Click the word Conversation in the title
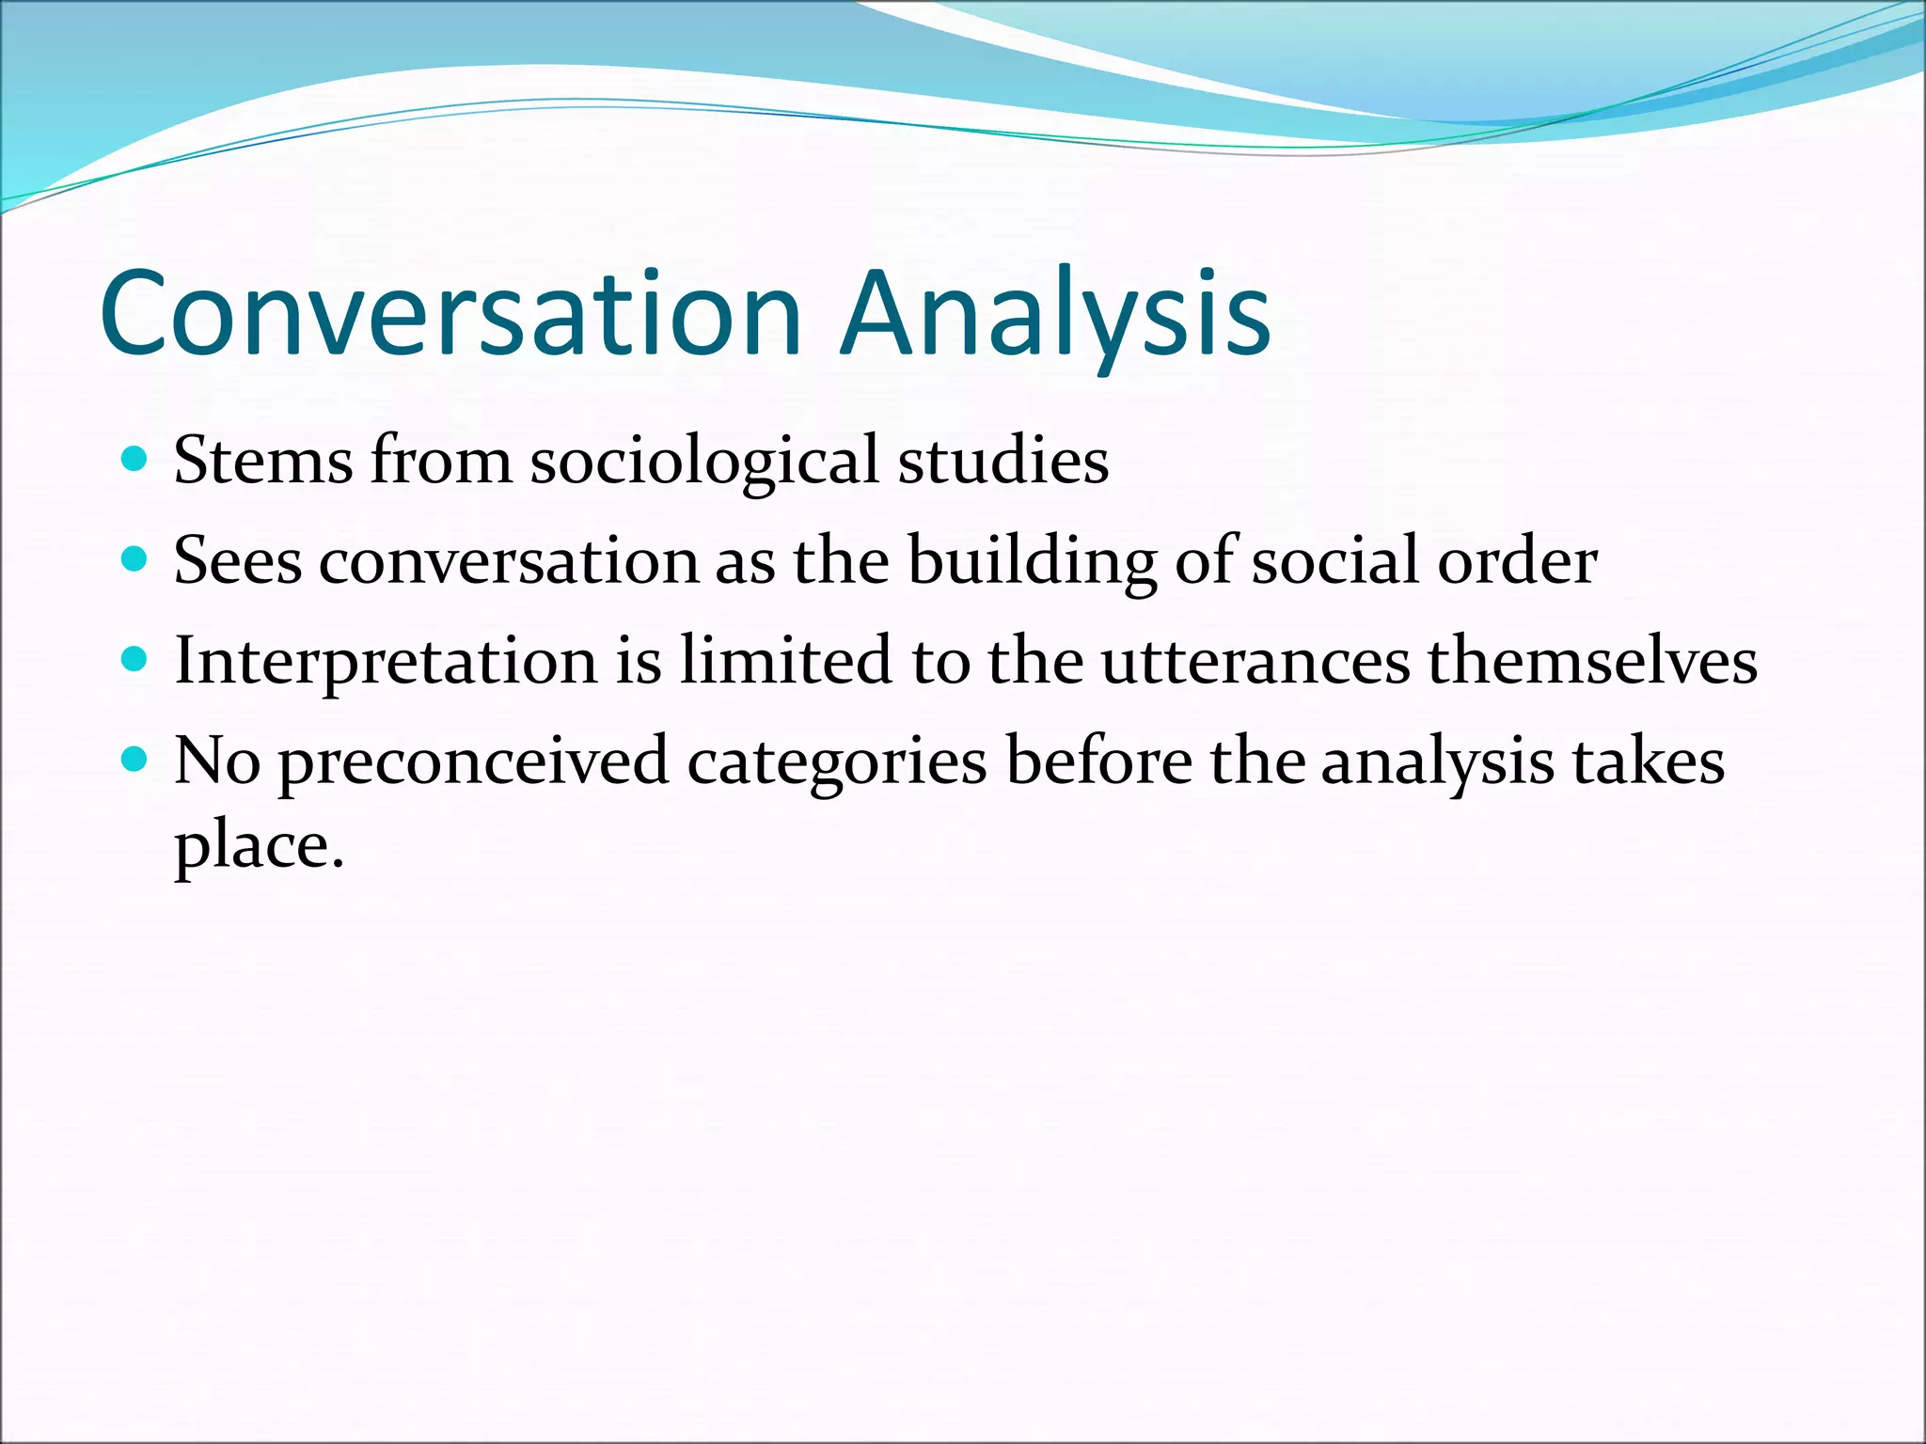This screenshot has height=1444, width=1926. [x=450, y=313]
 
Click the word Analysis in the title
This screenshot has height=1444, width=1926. [x=1055, y=313]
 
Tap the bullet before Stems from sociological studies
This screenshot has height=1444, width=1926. [x=135, y=460]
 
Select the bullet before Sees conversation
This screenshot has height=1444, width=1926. [x=135, y=560]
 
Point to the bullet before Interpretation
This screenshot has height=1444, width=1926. [x=135, y=660]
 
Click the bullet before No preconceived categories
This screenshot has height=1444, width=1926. [x=135, y=760]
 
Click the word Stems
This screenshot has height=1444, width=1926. [x=263, y=461]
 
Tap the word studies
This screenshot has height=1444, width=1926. [x=1003, y=461]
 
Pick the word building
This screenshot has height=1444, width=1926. [x=1032, y=562]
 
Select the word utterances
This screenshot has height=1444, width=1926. [x=1255, y=662]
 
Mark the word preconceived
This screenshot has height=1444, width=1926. [x=473, y=761]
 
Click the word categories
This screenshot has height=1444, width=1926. [x=837, y=763]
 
